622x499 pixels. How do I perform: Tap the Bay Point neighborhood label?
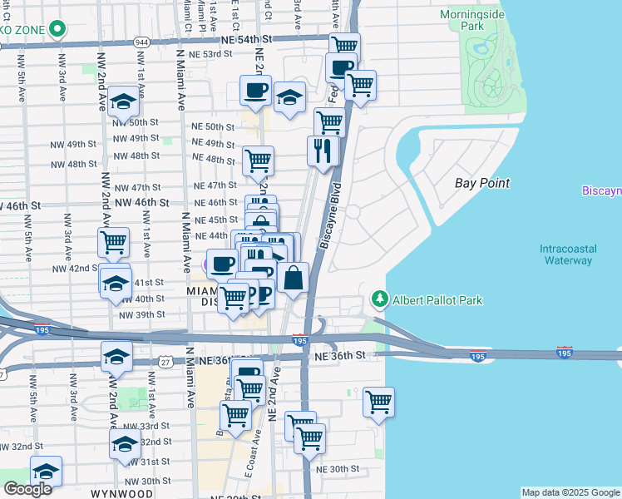tap(482, 183)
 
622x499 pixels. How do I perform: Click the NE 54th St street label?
tap(247, 39)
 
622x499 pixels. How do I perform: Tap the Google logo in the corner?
tap(27, 489)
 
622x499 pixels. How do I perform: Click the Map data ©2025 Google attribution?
tap(570, 492)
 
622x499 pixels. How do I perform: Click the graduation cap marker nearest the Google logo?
tap(47, 470)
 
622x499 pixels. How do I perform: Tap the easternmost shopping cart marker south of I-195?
tap(378, 403)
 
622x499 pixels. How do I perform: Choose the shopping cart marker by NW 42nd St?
tap(113, 243)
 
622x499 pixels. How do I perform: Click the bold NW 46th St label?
tap(142, 202)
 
